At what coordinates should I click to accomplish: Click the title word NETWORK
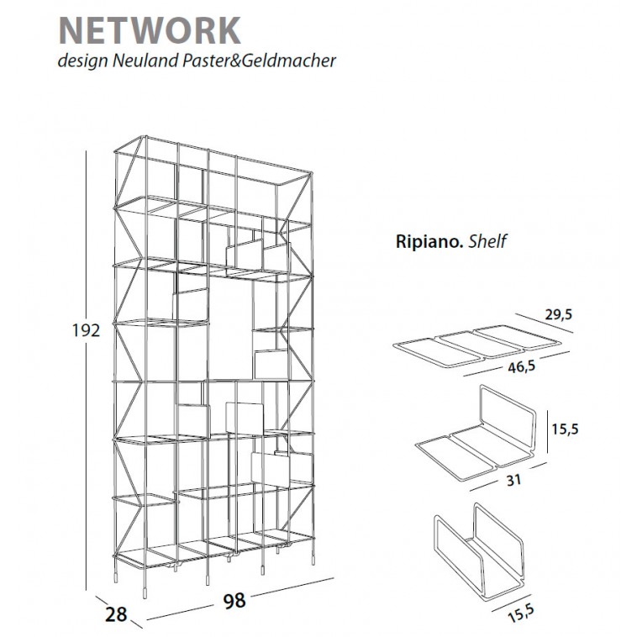click(x=150, y=30)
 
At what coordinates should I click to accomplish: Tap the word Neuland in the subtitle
click(x=145, y=61)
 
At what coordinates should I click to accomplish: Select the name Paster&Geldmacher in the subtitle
click(x=259, y=61)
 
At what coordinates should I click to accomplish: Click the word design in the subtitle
click(x=83, y=61)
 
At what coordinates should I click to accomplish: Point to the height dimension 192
click(x=86, y=331)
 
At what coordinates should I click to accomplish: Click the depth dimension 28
click(x=116, y=613)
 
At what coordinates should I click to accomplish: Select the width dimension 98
click(x=234, y=600)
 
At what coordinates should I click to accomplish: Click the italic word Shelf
click(x=487, y=241)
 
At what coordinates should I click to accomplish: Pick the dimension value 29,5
click(x=559, y=314)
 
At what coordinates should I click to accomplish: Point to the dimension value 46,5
click(x=522, y=367)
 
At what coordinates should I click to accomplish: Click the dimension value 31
click(x=513, y=480)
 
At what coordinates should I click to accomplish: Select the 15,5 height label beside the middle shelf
click(x=565, y=429)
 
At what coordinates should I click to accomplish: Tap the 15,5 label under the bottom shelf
click(x=521, y=613)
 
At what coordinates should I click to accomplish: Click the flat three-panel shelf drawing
click(x=477, y=345)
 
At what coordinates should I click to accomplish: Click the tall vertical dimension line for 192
click(x=86, y=370)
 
